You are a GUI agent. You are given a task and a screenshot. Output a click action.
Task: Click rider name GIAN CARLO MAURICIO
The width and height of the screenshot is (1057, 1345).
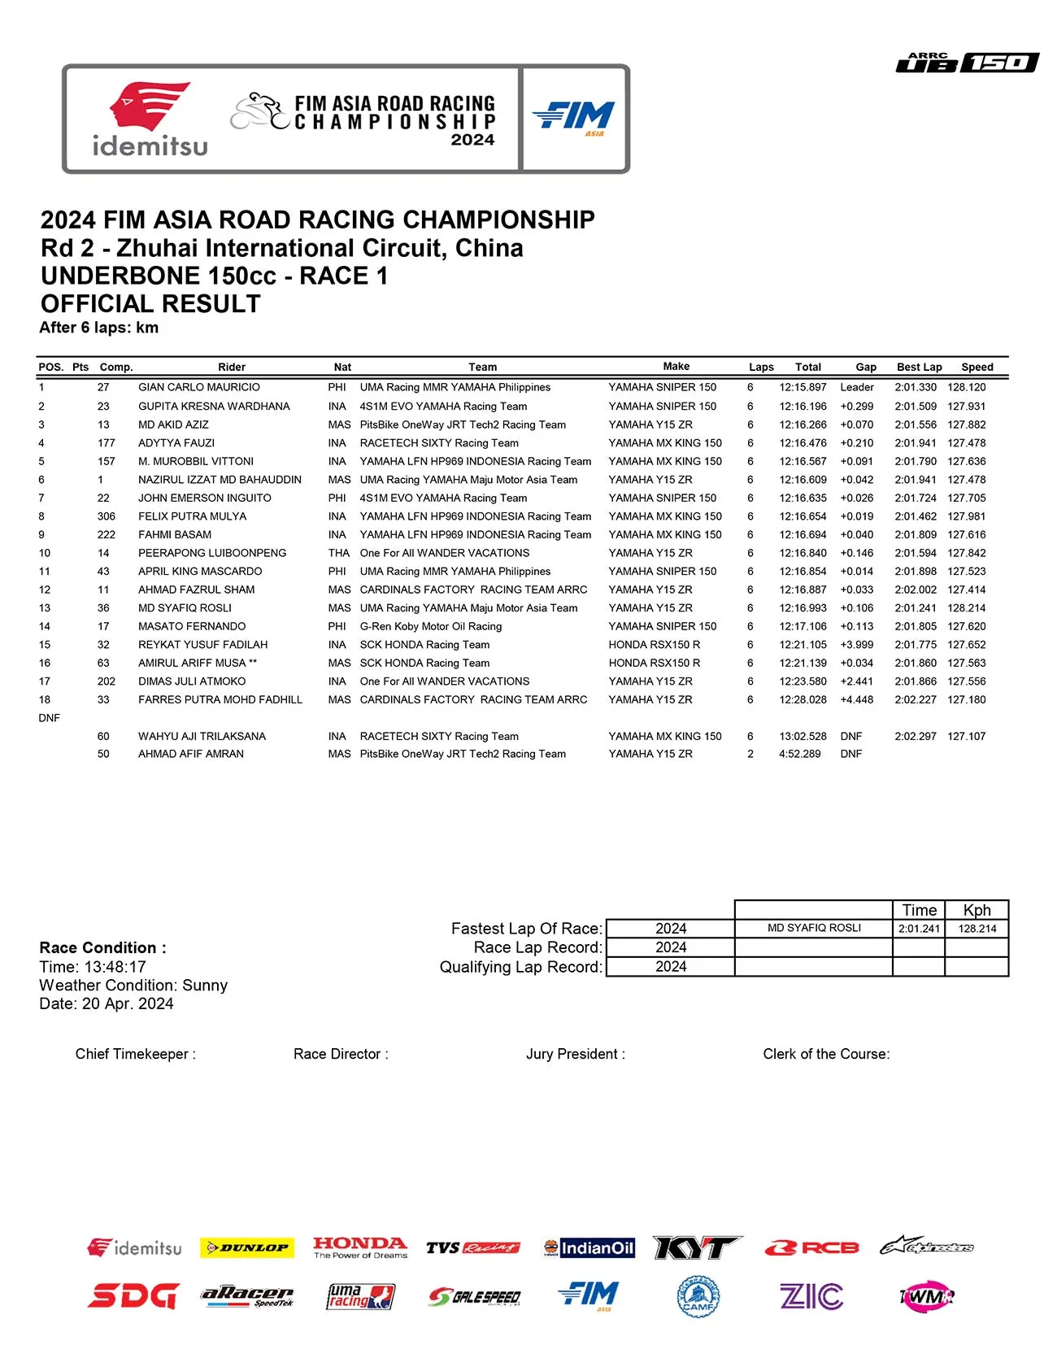coord(199,388)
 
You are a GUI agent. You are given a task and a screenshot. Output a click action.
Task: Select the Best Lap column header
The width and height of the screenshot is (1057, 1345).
coord(919,367)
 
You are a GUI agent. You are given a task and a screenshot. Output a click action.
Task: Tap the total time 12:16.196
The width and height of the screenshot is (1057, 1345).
coord(803,407)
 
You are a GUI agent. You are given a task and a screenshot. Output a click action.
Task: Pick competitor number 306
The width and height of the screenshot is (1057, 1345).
coord(106,516)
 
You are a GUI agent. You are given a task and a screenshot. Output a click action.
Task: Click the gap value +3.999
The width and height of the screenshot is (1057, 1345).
coord(857,645)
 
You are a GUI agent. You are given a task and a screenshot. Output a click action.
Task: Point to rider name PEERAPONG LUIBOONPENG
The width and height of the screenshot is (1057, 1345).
coord(212,553)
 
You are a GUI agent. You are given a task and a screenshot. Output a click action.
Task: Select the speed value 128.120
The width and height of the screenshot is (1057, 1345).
coord(966,388)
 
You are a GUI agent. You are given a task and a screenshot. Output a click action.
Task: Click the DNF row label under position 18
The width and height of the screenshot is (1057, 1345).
coord(49,718)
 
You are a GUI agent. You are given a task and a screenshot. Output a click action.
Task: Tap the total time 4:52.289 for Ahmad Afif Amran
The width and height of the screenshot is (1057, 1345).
coord(799,754)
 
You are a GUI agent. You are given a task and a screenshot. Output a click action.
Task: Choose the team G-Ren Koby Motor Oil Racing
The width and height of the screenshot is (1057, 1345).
coord(430,626)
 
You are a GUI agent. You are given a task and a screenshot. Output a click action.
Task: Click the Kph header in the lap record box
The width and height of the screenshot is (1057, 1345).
coord(977,910)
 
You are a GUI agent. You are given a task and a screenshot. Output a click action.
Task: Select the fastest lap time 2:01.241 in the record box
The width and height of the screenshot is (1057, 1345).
coord(919,929)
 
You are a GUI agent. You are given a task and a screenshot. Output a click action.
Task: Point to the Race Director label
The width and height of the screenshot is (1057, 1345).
coord(341,1054)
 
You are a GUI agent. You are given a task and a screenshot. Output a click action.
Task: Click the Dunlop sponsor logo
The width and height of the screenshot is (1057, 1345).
coord(247,1247)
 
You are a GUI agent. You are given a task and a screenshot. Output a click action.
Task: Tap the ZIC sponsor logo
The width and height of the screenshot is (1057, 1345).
coord(811,1296)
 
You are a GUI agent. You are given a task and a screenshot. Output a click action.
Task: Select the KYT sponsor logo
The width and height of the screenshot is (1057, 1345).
coord(697,1247)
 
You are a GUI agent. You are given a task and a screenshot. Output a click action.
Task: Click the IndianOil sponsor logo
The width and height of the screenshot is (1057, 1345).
coord(589,1247)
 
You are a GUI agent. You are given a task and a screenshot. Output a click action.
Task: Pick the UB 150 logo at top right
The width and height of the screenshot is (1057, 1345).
coord(967,63)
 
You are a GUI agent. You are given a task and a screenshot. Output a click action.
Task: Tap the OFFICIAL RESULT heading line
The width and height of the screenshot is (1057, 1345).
coord(150,303)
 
